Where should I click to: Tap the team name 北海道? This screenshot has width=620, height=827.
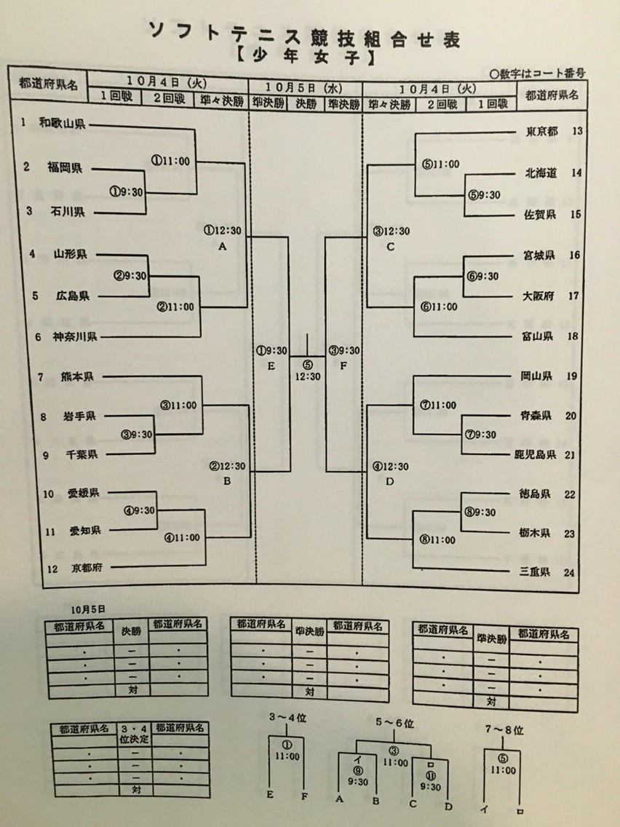coord(541,173)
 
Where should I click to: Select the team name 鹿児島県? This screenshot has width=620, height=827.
coord(536,454)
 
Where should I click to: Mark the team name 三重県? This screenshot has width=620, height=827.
coord(541,572)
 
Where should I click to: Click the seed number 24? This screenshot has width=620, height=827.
coord(570,572)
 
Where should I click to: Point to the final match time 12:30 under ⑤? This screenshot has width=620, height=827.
coord(308,376)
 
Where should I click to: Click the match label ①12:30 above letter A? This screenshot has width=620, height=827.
coord(223,231)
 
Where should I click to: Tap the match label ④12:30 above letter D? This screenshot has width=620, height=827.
coord(391,466)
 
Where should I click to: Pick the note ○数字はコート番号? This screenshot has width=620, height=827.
coord(538,74)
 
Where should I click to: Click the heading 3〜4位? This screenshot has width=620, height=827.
coord(287,718)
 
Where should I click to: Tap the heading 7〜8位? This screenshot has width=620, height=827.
coord(502,729)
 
